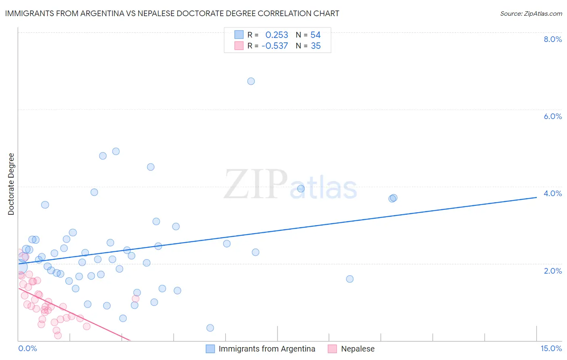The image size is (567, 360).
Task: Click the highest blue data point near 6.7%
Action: click(251, 81)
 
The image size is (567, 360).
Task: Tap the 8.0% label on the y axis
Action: click(552, 39)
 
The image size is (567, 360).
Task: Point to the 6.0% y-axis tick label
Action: click(552, 116)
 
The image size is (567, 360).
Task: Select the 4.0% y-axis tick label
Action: click(552, 193)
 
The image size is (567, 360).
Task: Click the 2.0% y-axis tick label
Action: click(552, 271)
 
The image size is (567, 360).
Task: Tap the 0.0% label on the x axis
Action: click(27, 349)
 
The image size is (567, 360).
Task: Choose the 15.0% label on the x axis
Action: click(551, 349)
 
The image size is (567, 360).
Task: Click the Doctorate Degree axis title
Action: click(11, 184)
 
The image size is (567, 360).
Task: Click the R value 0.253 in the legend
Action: click(277, 35)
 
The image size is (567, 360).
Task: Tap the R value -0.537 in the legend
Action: click(275, 46)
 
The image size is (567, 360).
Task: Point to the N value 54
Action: click(315, 35)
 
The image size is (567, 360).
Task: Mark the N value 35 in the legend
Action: click(316, 46)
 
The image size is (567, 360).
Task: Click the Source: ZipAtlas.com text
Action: click(531, 14)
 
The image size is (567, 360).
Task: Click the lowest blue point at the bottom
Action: click(210, 328)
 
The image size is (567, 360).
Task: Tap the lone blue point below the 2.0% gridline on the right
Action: click(350, 279)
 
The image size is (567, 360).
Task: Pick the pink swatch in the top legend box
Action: click(239, 46)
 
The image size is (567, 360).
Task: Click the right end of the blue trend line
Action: click(536, 197)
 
